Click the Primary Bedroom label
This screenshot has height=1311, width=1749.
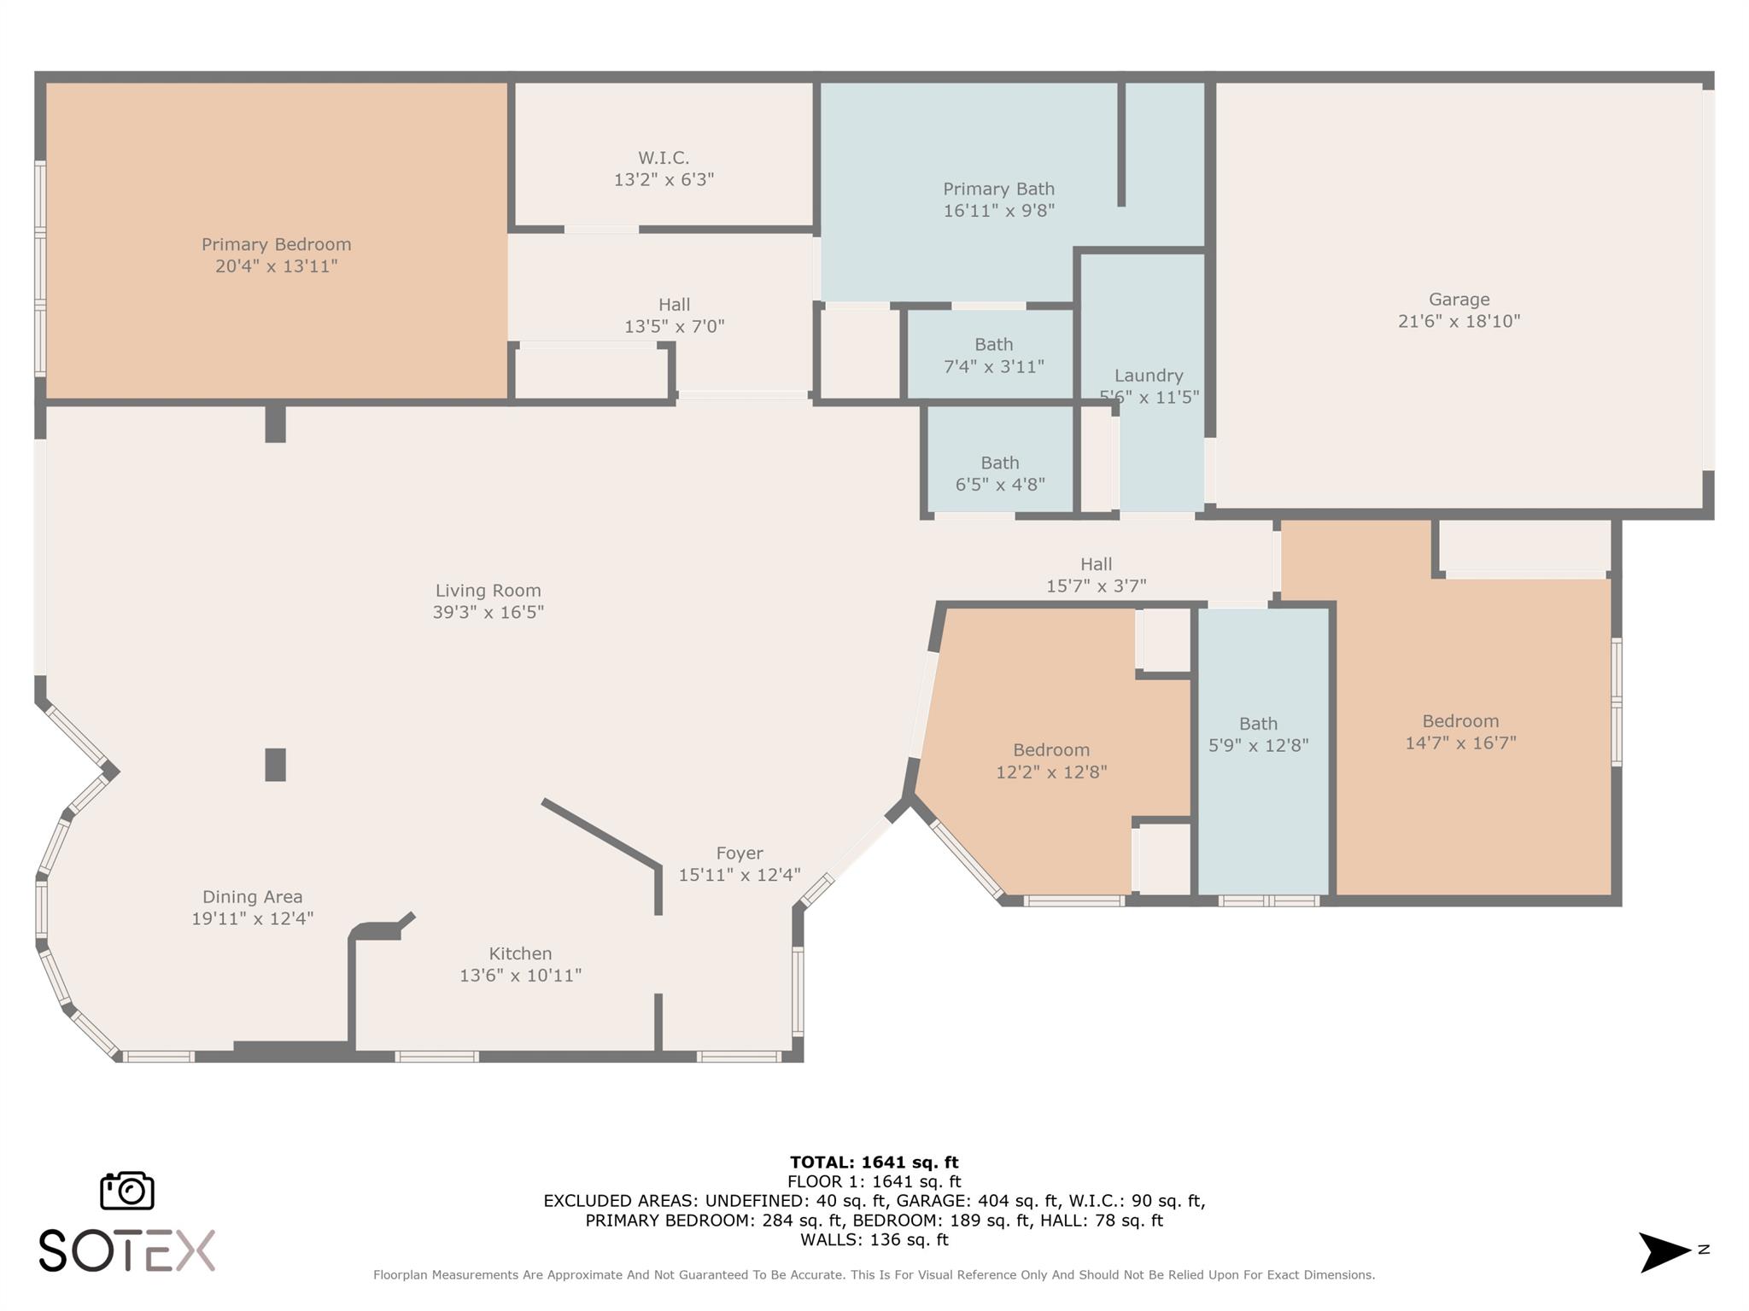pos(276,245)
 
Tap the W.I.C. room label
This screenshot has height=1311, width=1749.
pos(664,158)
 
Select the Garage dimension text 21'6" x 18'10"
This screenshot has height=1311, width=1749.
pos(1459,322)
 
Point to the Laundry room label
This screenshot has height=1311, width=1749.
pos(1149,376)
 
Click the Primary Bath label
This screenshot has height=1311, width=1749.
pos(998,189)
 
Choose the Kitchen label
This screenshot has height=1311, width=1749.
pos(520,954)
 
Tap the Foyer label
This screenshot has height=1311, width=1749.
pos(740,854)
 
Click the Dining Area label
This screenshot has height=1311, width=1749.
pos(252,897)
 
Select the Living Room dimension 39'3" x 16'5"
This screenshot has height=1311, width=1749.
pos(488,613)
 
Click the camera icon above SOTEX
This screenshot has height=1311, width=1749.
pos(127,1190)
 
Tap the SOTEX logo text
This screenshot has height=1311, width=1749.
pos(127,1251)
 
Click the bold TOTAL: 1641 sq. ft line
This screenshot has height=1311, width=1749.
pos(874,1162)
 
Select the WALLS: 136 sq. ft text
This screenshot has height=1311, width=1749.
pos(874,1240)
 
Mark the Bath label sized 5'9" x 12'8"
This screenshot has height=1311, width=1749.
pos(1258,724)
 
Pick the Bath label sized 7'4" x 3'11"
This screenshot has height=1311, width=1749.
pos(994,345)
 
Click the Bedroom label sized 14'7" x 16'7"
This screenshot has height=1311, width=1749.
pos(1460,721)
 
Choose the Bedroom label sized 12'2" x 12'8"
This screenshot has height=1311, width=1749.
pos(1051,750)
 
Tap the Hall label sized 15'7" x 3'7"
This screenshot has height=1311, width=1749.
pos(1096,564)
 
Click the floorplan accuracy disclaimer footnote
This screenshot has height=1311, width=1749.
pos(874,1275)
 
